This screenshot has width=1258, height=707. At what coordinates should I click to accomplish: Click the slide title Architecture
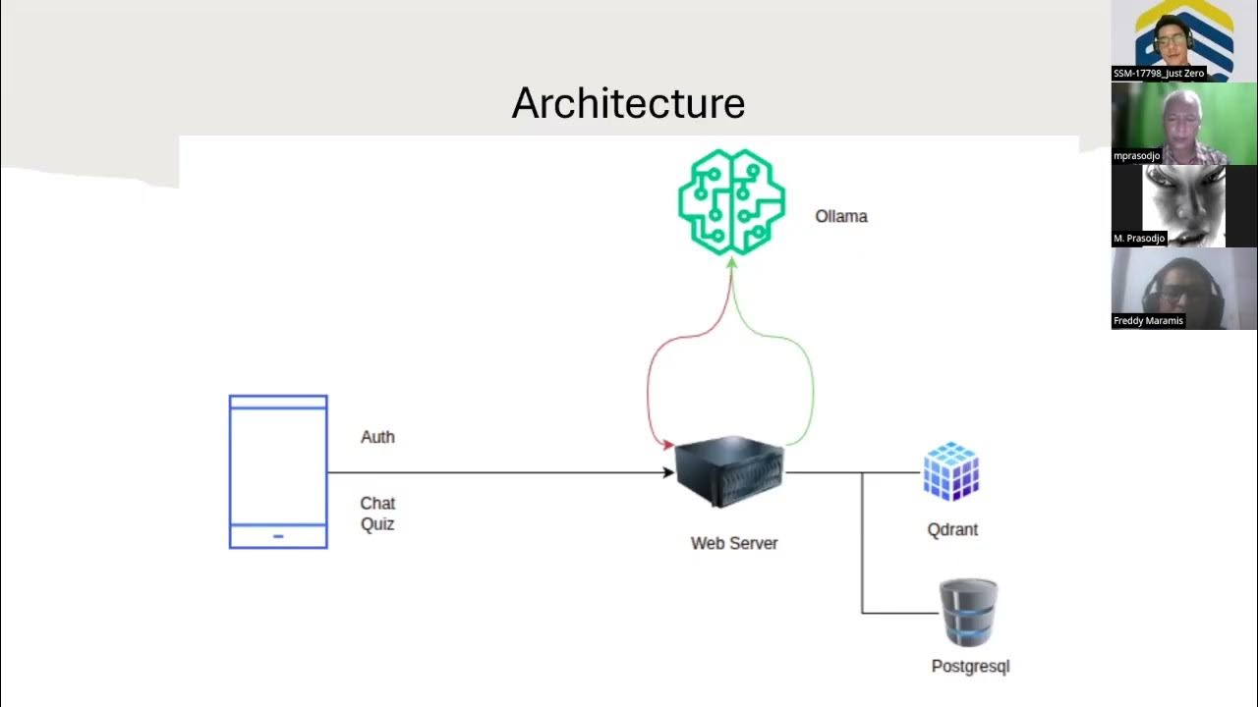(x=628, y=103)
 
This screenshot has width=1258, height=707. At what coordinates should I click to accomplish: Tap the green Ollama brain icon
(x=731, y=202)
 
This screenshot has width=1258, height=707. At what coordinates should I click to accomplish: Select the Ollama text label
(x=841, y=216)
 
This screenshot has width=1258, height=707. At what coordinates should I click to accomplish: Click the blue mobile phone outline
(x=278, y=471)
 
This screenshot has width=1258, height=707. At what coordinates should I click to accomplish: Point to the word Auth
(x=377, y=437)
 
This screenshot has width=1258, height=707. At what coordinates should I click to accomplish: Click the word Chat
(x=377, y=504)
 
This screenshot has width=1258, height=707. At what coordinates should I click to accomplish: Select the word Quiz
(x=377, y=524)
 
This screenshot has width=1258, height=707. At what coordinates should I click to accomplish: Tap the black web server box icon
(x=730, y=474)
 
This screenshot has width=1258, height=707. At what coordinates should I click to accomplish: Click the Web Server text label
(x=734, y=543)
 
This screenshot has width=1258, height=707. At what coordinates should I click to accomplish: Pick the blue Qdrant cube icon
(x=950, y=472)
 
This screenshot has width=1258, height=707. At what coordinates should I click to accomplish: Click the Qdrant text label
(x=952, y=529)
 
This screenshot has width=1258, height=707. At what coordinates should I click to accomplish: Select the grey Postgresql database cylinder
(x=968, y=613)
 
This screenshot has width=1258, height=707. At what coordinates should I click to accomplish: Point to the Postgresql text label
(x=970, y=666)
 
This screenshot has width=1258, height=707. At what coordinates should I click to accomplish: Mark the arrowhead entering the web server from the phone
(x=667, y=473)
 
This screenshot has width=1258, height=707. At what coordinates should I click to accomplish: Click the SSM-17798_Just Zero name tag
(x=1159, y=74)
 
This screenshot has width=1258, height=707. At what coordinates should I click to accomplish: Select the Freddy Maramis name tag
(x=1148, y=321)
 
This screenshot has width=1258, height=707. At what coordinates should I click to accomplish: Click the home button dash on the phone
(x=278, y=536)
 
